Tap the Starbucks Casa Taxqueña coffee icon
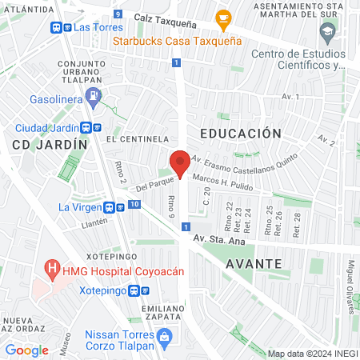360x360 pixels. click(223, 17)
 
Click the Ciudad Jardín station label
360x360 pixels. click(46, 128)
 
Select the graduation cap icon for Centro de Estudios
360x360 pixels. click(327, 33)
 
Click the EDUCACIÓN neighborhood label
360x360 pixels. click(241, 133)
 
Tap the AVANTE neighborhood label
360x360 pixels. click(253, 263)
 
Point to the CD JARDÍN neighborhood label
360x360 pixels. click(49, 145)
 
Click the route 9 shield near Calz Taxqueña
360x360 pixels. click(118, 14)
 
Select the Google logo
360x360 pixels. click(26, 350)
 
